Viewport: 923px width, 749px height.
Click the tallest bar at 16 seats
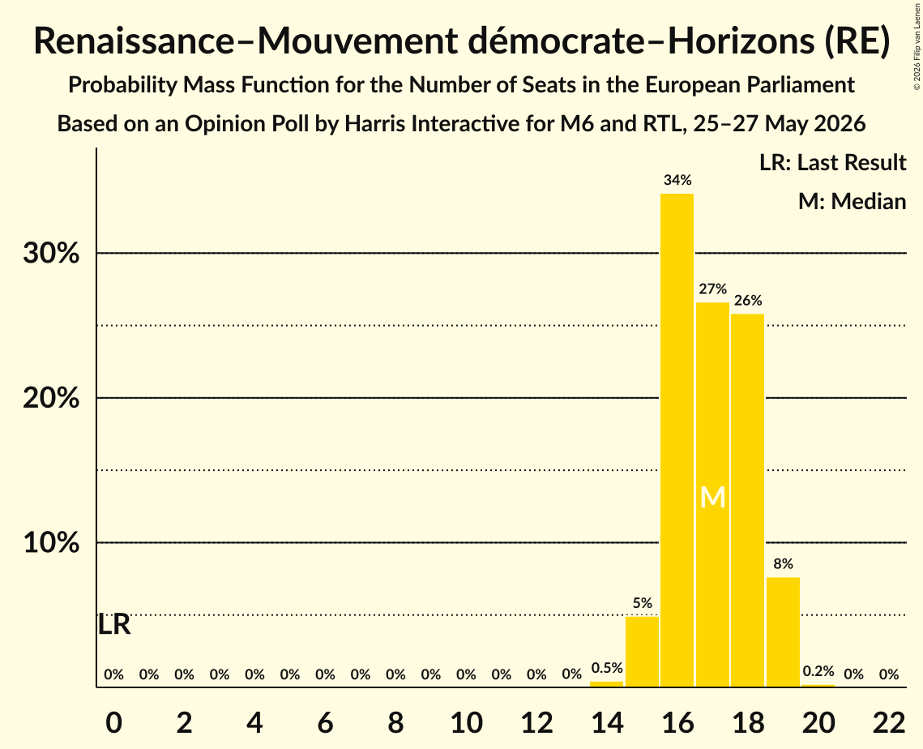[677, 440]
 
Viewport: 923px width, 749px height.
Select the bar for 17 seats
[712, 494]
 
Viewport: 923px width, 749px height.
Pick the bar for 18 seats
[748, 500]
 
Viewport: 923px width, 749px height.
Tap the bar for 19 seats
[783, 631]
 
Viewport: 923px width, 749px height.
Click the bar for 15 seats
[642, 652]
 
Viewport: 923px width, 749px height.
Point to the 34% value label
[677, 180]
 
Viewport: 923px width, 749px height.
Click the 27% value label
[713, 289]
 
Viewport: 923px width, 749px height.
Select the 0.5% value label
[607, 668]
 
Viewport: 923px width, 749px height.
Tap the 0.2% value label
[818, 671]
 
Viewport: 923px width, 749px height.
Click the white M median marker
[713, 498]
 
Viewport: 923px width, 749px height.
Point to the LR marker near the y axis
[113, 625]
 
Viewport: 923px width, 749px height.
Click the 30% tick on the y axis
[51, 253]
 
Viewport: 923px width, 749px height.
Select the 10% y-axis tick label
[51, 542]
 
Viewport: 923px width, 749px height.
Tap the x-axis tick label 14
[607, 722]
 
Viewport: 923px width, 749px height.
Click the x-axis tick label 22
[889, 722]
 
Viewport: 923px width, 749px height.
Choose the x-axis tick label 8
[395, 722]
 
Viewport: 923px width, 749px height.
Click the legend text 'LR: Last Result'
[832, 162]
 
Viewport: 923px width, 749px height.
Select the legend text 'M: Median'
[852, 201]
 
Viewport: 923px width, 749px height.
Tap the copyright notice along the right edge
[917, 46]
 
